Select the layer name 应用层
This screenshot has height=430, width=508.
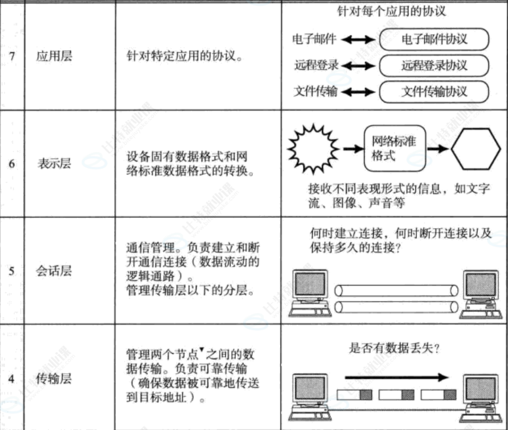[55, 57]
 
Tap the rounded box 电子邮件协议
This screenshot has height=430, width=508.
[434, 39]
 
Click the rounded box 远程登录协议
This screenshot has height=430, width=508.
[434, 65]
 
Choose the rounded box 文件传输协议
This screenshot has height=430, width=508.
[434, 92]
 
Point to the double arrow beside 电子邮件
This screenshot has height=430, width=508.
[358, 40]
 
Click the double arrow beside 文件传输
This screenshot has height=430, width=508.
[358, 92]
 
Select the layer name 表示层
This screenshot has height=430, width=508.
[55, 164]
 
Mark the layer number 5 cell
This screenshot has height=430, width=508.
[12, 271]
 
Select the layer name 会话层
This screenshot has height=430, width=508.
[55, 271]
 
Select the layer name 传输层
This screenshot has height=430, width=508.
[55, 379]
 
